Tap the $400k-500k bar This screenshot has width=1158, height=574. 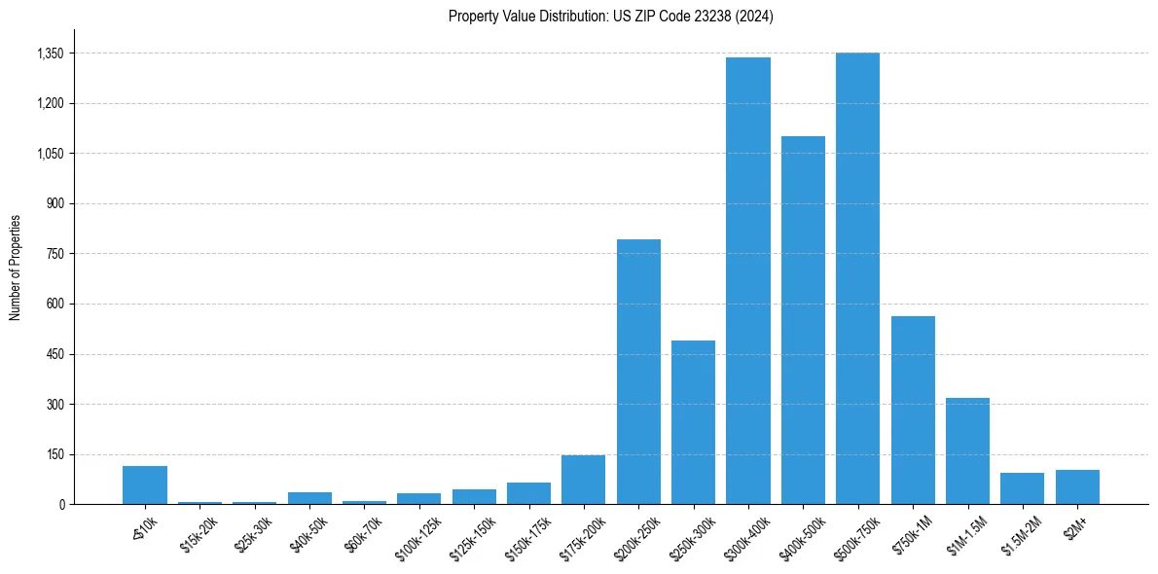803,320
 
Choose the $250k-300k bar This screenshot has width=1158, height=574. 693,422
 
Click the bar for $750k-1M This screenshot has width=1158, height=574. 913,410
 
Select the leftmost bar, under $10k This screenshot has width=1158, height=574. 145,484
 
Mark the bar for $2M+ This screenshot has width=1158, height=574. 1077,486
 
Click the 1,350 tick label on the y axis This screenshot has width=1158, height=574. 50,54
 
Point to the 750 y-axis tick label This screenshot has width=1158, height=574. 54,254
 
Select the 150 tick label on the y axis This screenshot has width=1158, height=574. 54,454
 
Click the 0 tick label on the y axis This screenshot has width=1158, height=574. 61,504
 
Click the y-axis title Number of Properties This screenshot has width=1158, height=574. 16,267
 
